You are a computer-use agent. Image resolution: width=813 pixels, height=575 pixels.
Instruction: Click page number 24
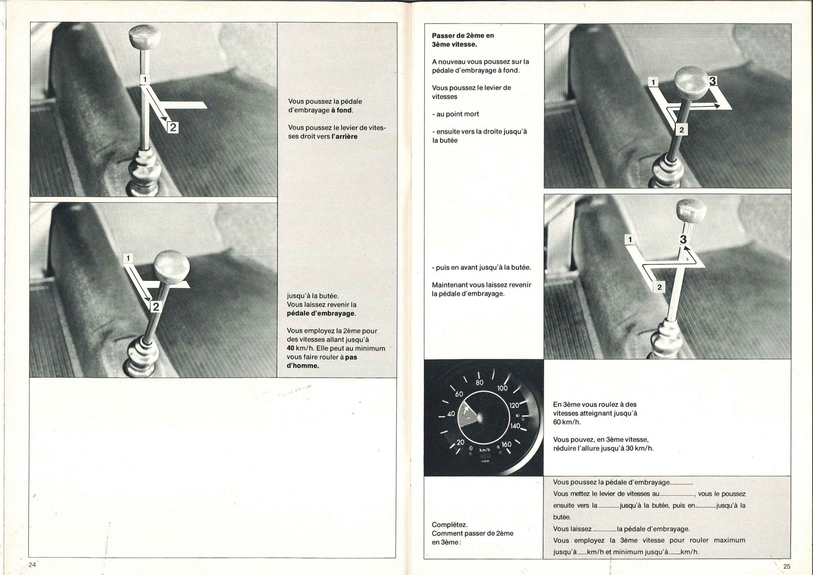pos(32,565)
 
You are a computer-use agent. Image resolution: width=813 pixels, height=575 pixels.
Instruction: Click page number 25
pos(787,566)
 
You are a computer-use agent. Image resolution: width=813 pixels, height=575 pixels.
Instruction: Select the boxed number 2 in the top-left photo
pos(172,128)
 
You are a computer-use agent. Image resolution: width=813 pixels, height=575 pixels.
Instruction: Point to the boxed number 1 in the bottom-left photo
pos(128,258)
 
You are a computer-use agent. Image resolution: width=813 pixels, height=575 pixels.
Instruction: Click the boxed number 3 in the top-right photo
pos(713,81)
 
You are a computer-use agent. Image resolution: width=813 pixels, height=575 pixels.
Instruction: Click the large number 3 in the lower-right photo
pos(683,239)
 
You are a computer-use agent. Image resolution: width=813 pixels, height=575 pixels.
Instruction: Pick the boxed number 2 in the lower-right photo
pos(659,287)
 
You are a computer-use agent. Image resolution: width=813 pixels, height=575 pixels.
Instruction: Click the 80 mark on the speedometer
pos(479,383)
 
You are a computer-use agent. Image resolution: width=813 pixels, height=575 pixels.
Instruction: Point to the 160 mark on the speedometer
pos(506,445)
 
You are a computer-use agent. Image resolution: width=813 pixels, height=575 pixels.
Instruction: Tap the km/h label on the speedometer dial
pos(484,450)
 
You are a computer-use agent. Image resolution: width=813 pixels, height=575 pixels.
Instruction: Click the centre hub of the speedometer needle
pos(481,417)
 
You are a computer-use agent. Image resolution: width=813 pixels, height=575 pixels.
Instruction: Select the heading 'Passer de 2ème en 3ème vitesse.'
pos(463,40)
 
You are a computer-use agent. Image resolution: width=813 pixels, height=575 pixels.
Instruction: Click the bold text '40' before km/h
pos(291,348)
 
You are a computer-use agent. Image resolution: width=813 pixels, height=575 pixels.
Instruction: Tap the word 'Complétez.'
pos(450,525)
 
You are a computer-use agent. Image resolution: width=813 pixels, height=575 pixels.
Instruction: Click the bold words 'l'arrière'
pos(344,136)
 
